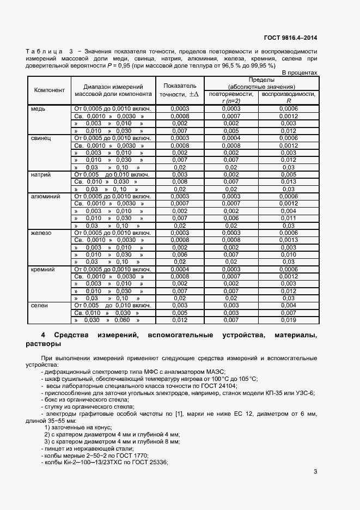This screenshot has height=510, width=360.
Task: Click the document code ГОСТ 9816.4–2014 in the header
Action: [x=291, y=38]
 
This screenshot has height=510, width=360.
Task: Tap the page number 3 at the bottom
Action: [x=315, y=472]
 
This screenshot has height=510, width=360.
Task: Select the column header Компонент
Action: [x=50, y=90]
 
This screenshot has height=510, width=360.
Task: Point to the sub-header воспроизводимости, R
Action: [x=288, y=97]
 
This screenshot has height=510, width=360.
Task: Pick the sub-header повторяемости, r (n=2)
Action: [x=231, y=97]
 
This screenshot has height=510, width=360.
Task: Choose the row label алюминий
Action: [x=45, y=196]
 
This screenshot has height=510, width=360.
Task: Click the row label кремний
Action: [x=43, y=269]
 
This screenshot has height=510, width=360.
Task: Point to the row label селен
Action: [x=40, y=306]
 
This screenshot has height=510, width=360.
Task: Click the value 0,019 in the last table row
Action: [x=288, y=320]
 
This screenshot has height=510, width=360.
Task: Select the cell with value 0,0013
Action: [x=288, y=240]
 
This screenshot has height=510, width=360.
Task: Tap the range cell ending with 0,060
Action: [x=112, y=320]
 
